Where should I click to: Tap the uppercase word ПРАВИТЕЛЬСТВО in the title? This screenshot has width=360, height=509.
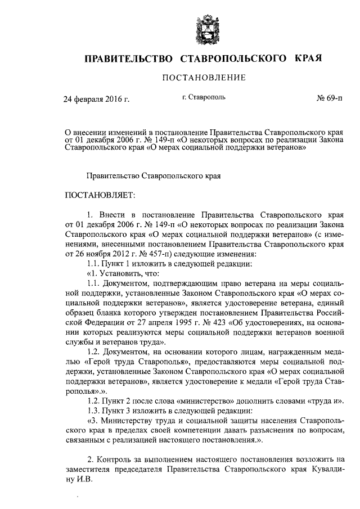click(128, 58)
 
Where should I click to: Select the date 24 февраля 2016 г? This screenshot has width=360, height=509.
click(96, 100)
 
